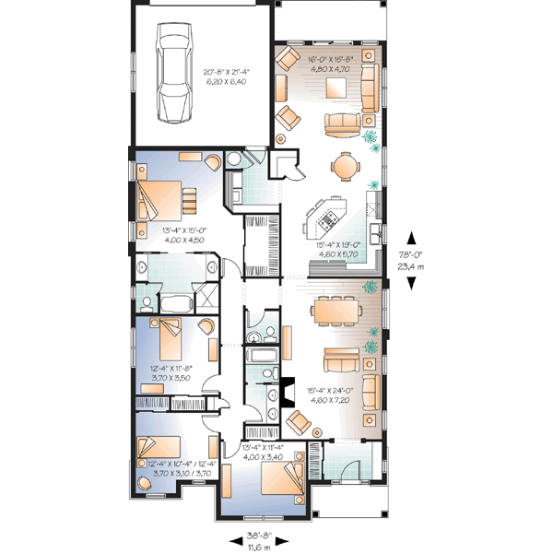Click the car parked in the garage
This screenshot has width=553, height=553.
[x=172, y=73]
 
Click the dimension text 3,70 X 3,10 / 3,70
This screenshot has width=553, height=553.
[x=182, y=473]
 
